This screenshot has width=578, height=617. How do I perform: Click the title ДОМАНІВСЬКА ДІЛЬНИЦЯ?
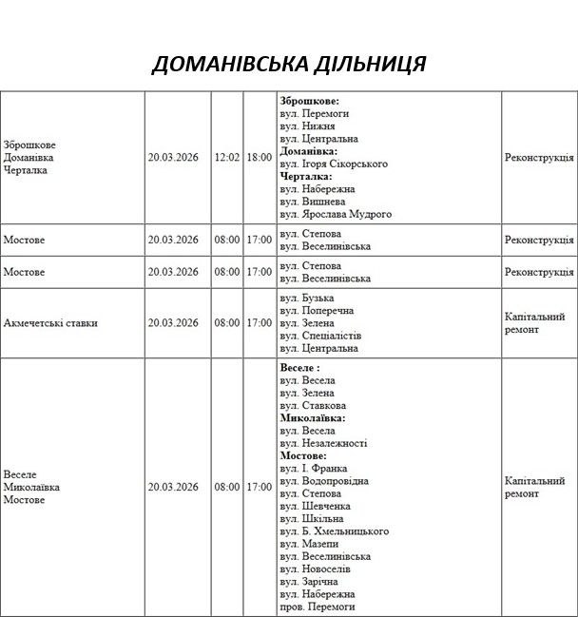[289, 64]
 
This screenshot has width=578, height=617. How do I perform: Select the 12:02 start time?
[227, 157]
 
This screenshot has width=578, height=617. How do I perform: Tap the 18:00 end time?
[259, 157]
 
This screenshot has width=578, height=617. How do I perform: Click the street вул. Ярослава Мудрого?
[336, 214]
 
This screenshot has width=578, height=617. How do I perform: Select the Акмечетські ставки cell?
[50, 323]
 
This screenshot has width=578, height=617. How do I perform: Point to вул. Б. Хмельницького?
[335, 530]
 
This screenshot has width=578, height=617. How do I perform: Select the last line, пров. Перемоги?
[318, 606]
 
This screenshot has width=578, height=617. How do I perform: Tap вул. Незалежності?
[324, 443]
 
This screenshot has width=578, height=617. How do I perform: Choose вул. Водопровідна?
[324, 480]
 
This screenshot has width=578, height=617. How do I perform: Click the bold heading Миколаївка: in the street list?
[313, 417]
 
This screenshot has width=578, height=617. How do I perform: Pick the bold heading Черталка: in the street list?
[306, 176]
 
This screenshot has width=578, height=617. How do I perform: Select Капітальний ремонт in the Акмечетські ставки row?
[535, 323]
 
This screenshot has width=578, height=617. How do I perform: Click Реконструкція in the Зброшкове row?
[539, 157]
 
